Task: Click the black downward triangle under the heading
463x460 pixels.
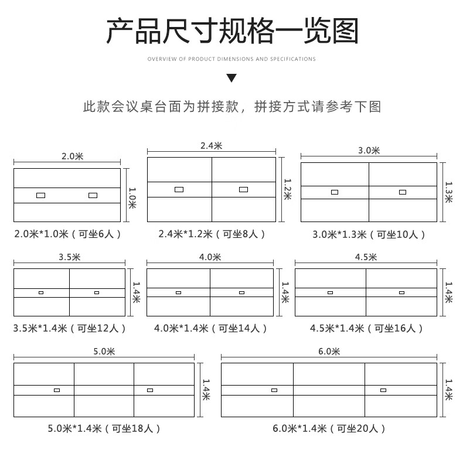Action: point(231,78)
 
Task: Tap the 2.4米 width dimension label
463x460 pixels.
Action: point(212,145)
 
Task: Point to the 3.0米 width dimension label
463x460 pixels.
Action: point(369,150)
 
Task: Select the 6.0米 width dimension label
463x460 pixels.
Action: point(329,351)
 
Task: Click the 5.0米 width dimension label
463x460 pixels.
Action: point(104,351)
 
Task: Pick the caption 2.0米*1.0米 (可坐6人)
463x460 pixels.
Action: point(68,234)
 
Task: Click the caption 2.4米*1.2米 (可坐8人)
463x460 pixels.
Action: point(212,234)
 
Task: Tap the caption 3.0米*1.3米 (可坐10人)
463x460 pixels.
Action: point(369,234)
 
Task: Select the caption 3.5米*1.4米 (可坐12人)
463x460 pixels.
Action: point(70,328)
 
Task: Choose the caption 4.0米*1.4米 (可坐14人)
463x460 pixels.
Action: point(209,328)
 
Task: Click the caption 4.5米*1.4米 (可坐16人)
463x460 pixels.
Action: point(366,328)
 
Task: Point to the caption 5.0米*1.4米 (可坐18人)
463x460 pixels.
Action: point(104,428)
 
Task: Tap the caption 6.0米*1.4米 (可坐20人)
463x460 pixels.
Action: point(329,428)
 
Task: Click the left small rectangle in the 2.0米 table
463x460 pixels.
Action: point(40,195)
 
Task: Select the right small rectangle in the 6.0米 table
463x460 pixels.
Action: point(383,390)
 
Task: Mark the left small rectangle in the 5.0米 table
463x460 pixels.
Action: point(57,390)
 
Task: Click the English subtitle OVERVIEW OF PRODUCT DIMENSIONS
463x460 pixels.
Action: point(231,59)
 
